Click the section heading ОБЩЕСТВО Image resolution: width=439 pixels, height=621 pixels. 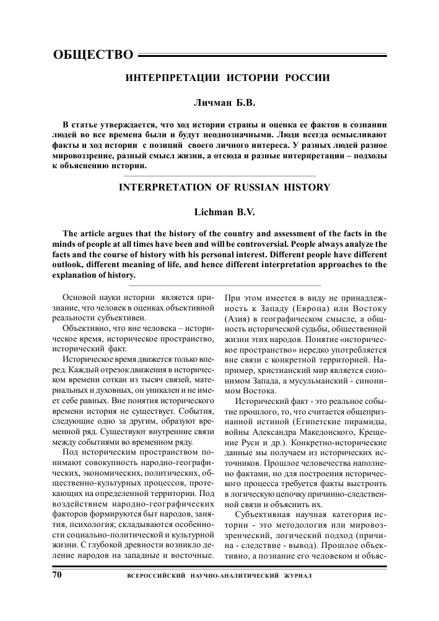(93, 54)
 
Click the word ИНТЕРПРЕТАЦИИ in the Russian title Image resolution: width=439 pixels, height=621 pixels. (165, 79)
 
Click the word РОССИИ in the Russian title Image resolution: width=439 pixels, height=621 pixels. (306, 79)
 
